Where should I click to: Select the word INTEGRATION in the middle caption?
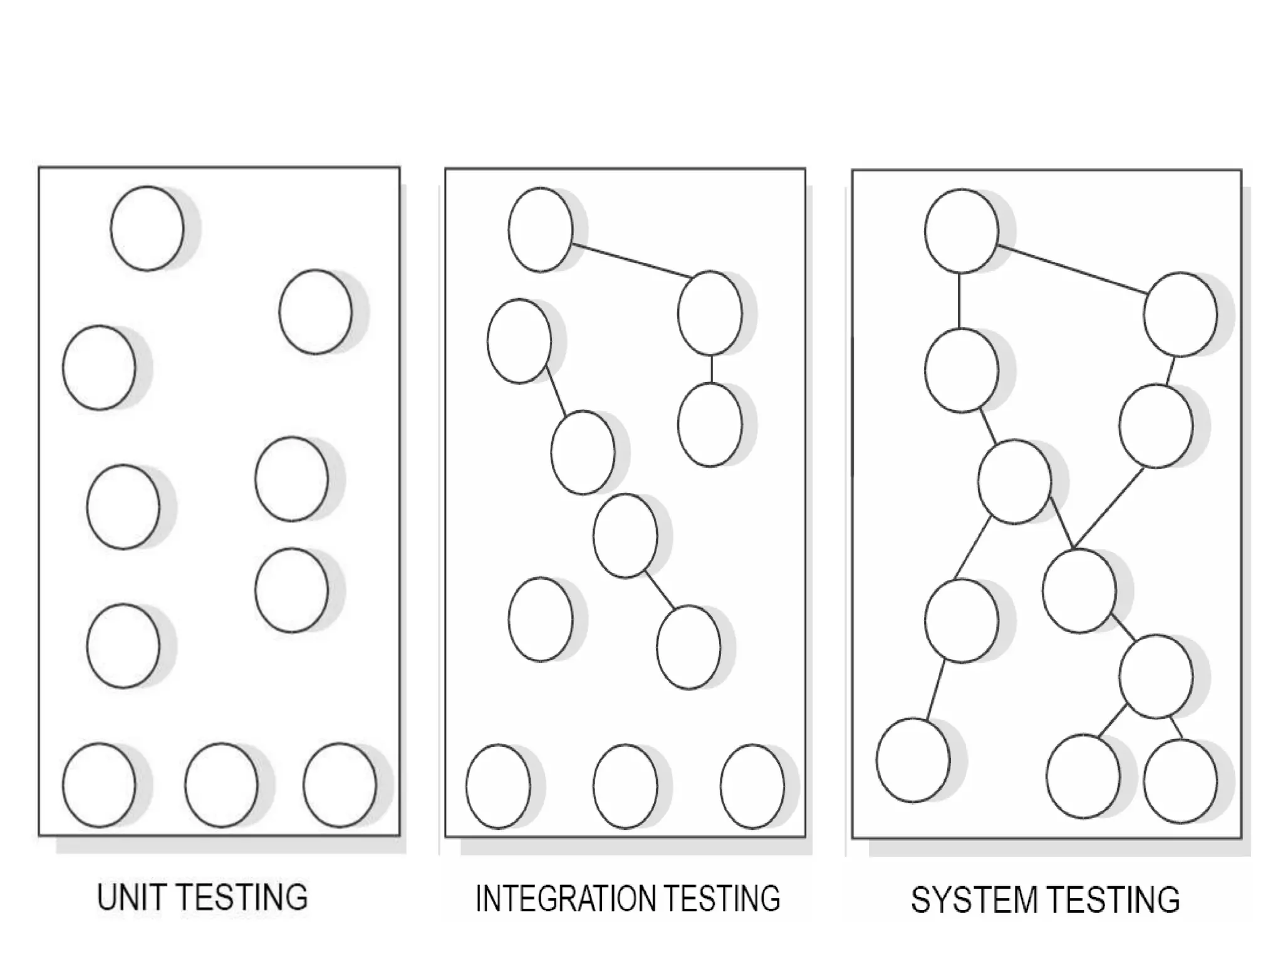coord(558,899)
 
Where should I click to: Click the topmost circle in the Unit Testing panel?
coord(147,229)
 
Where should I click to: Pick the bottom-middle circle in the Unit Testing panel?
coord(221,785)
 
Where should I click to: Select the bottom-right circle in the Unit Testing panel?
coord(340,785)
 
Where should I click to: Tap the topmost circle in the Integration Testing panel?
coord(541,230)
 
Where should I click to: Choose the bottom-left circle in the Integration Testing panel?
coord(498,786)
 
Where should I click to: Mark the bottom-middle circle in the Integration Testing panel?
coord(625,786)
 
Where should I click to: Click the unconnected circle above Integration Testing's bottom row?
coord(541,619)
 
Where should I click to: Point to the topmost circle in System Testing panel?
coord(961,231)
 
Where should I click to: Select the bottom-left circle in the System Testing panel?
coord(913,760)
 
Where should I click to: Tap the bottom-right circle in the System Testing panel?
coord(1180,781)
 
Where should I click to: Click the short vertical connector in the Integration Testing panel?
coord(711,370)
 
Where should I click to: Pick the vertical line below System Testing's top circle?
coord(959,301)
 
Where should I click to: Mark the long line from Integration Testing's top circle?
coord(631,261)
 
